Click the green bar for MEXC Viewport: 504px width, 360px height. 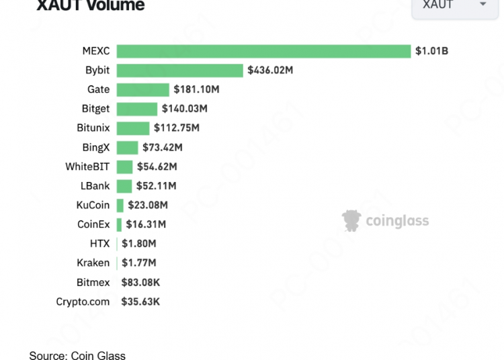click(x=263, y=51)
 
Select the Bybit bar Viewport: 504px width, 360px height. click(x=179, y=71)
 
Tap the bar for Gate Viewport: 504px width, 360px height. click(x=142, y=89)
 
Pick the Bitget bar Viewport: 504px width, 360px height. click(x=136, y=109)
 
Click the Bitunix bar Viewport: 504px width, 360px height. click(x=133, y=128)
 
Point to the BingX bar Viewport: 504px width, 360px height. click(x=127, y=148)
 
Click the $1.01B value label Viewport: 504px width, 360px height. click(x=431, y=50)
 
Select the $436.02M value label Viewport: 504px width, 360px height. click(x=270, y=70)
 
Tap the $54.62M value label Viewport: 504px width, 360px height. click(x=157, y=167)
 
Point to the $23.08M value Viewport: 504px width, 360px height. click(x=147, y=206)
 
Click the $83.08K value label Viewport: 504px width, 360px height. click(x=140, y=283)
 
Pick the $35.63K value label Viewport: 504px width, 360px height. click(x=140, y=302)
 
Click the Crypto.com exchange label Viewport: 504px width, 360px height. click(x=83, y=302)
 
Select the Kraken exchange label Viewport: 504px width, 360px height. click(x=93, y=263)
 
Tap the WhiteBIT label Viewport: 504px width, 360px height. click(x=87, y=167)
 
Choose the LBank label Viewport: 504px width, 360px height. click(x=95, y=186)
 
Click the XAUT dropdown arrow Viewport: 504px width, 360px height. click(x=483, y=5)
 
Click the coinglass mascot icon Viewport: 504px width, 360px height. click(x=351, y=220)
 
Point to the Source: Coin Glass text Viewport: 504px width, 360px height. click(x=77, y=355)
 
